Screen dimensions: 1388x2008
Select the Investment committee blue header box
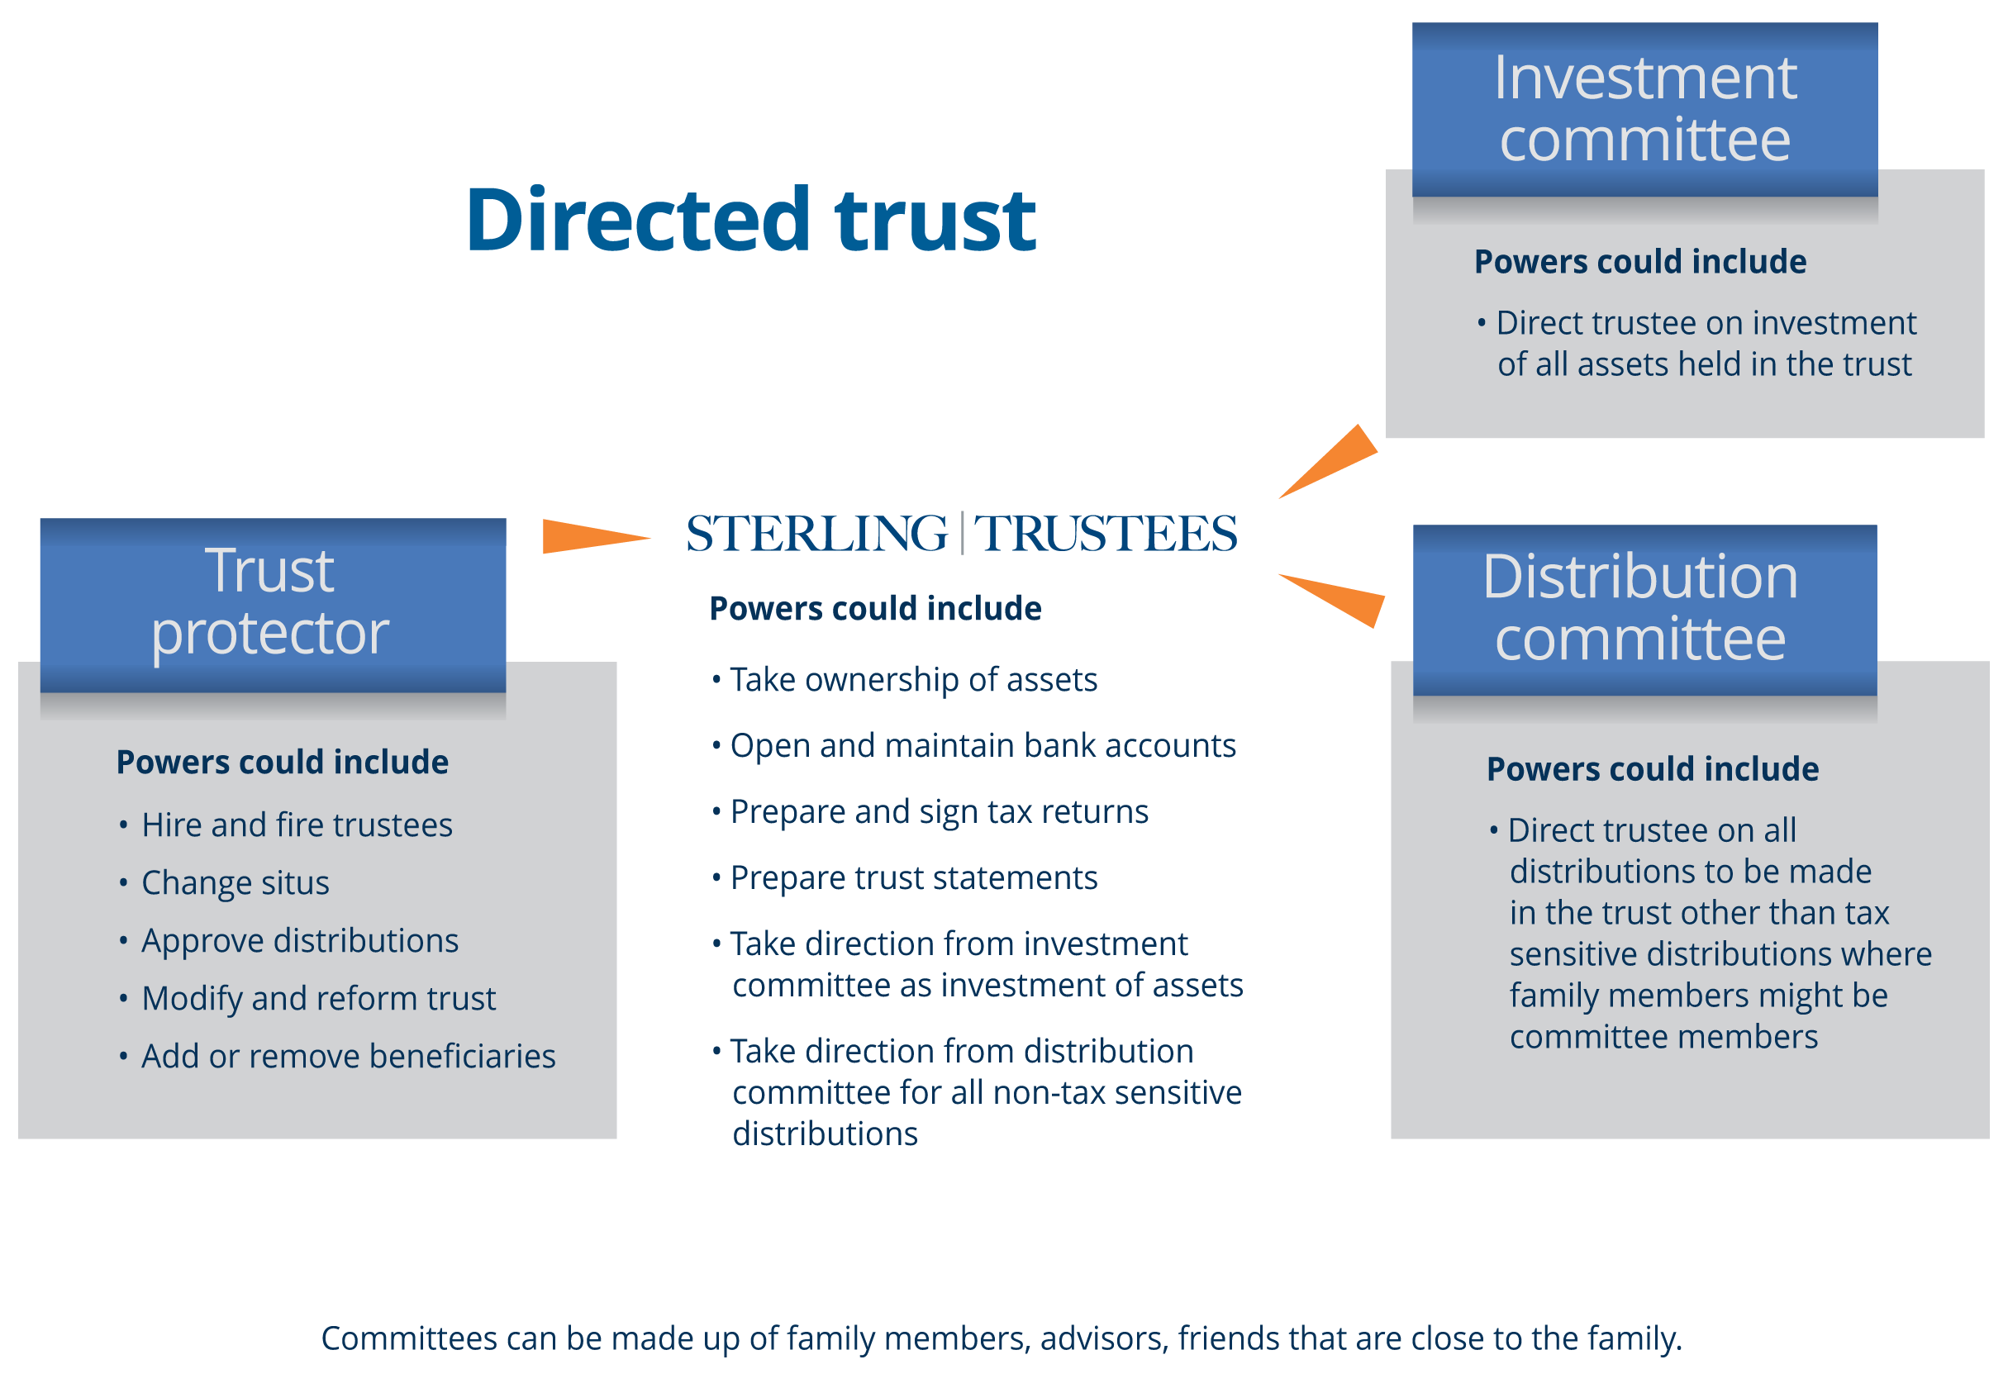[x=1644, y=110]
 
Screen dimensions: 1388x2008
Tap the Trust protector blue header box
[x=272, y=605]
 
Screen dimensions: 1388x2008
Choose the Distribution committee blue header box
[x=1644, y=610]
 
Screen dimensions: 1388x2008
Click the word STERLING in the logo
[x=816, y=534]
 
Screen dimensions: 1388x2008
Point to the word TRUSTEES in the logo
[x=1105, y=534]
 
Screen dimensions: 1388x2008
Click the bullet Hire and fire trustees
[x=297, y=825]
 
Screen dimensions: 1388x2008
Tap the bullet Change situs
[x=235, y=882]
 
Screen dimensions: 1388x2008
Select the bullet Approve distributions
[x=299, y=941]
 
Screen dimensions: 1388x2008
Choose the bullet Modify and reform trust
[x=318, y=998]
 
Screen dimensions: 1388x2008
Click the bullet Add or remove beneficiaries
[x=348, y=1057]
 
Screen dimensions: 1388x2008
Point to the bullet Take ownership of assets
[x=913, y=680]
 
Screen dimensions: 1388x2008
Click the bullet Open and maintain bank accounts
[x=983, y=746]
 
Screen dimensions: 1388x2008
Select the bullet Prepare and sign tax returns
[x=940, y=812]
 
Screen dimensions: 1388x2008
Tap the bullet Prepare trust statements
[x=913, y=878]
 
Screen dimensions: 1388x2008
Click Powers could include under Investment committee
[x=1640, y=262]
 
